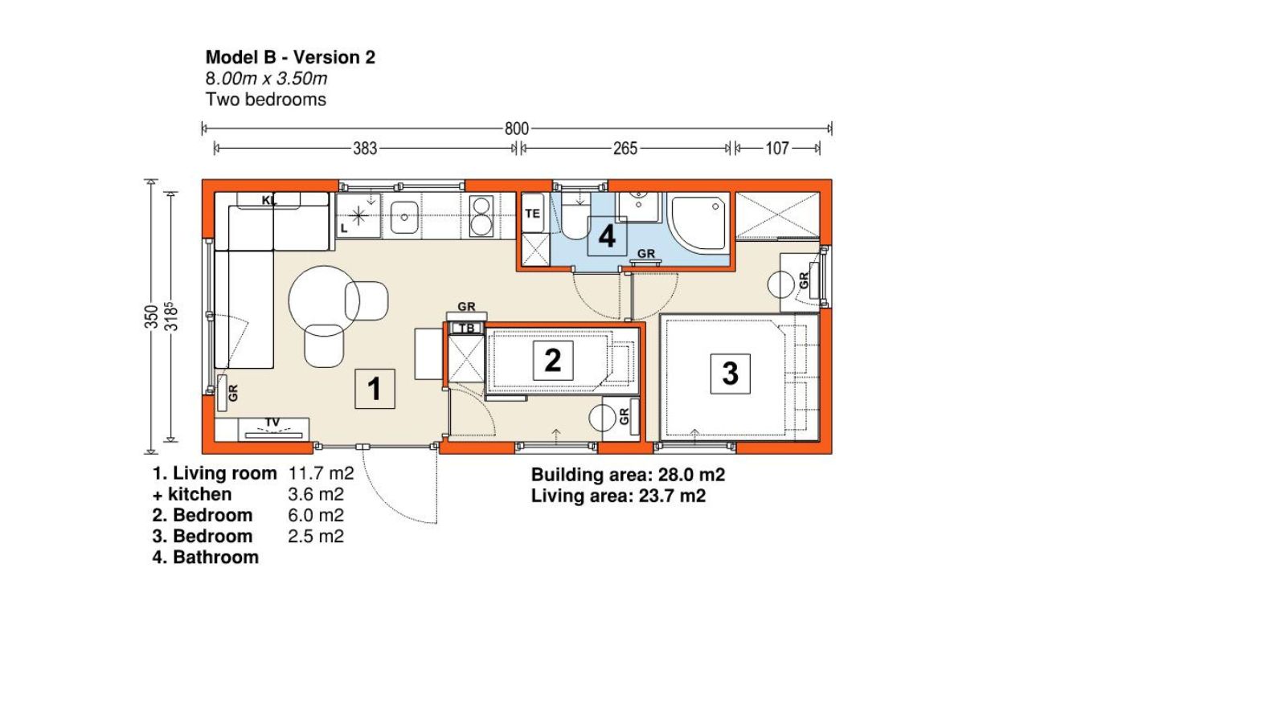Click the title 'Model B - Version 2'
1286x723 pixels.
[x=290, y=57]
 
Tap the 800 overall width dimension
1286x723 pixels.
[x=517, y=129]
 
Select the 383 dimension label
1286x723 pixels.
[x=365, y=149]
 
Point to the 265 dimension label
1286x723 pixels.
[x=625, y=149]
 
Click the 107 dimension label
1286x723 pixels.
[x=777, y=149]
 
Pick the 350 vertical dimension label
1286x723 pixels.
[x=151, y=317]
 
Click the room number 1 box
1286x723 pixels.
[x=375, y=389]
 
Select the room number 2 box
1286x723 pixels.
[x=553, y=361]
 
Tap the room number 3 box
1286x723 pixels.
[x=731, y=374]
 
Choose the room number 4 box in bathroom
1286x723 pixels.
[x=607, y=236]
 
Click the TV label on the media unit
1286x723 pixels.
[x=272, y=423]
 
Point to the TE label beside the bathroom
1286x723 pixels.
[x=532, y=214]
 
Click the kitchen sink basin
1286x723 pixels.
[x=404, y=217]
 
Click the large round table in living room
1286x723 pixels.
[x=324, y=301]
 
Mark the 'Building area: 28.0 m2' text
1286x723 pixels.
[x=628, y=475]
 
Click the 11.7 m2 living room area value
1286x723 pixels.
[x=321, y=473]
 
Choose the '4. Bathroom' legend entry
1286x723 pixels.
[x=206, y=558]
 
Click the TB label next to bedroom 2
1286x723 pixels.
[x=467, y=329]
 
